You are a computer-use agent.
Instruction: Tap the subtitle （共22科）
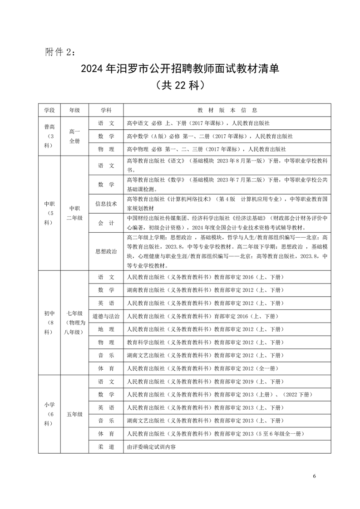tap(179, 85)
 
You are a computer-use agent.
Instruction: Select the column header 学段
tap(49, 110)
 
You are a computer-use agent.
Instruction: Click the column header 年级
tap(74, 110)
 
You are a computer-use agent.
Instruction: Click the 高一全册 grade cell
tap(74, 136)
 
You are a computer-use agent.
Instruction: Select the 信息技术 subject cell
tap(106, 204)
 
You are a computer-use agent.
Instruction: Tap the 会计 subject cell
tap(106, 223)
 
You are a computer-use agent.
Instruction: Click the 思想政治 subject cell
tap(106, 251)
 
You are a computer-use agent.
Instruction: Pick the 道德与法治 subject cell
tap(106, 316)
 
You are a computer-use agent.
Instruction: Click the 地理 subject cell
tap(106, 329)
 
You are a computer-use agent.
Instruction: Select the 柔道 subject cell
tap(106, 447)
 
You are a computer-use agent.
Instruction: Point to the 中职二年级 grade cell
tap(74, 213)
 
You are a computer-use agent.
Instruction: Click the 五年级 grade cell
tap(74, 414)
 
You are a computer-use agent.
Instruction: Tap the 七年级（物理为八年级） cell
tap(74, 323)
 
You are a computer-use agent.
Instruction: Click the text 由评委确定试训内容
tap(151, 447)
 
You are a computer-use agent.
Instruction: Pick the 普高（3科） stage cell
tap(49, 136)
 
